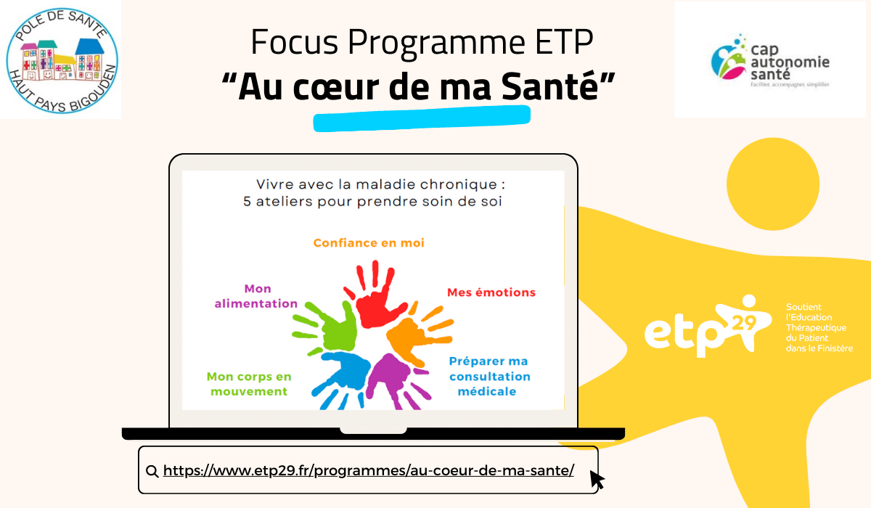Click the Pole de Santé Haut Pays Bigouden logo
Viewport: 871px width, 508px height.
pyautogui.click(x=62, y=61)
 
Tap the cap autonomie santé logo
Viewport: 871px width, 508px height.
pyautogui.click(x=770, y=61)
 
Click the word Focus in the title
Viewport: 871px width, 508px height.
pyautogui.click(x=295, y=41)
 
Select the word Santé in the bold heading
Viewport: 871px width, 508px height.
pyautogui.click(x=549, y=86)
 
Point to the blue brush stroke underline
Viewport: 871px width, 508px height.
pyautogui.click(x=422, y=118)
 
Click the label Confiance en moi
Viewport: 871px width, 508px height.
pyautogui.click(x=369, y=243)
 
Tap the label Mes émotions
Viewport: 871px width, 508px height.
pyautogui.click(x=491, y=292)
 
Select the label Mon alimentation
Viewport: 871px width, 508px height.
pyautogui.click(x=256, y=296)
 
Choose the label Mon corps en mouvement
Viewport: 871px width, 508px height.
pyautogui.click(x=249, y=384)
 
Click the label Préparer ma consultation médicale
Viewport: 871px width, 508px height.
pyautogui.click(x=489, y=376)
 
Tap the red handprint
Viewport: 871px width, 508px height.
pyautogui.click(x=374, y=295)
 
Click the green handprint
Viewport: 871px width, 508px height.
pyautogui.click(x=326, y=327)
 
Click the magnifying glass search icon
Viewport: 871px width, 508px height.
pyautogui.click(x=152, y=471)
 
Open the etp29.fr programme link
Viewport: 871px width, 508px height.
pyautogui.click(x=368, y=470)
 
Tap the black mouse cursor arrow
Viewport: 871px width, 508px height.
pyautogui.click(x=597, y=480)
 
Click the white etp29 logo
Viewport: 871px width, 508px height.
pyautogui.click(x=708, y=327)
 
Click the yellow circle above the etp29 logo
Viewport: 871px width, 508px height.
pyautogui.click(x=773, y=184)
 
